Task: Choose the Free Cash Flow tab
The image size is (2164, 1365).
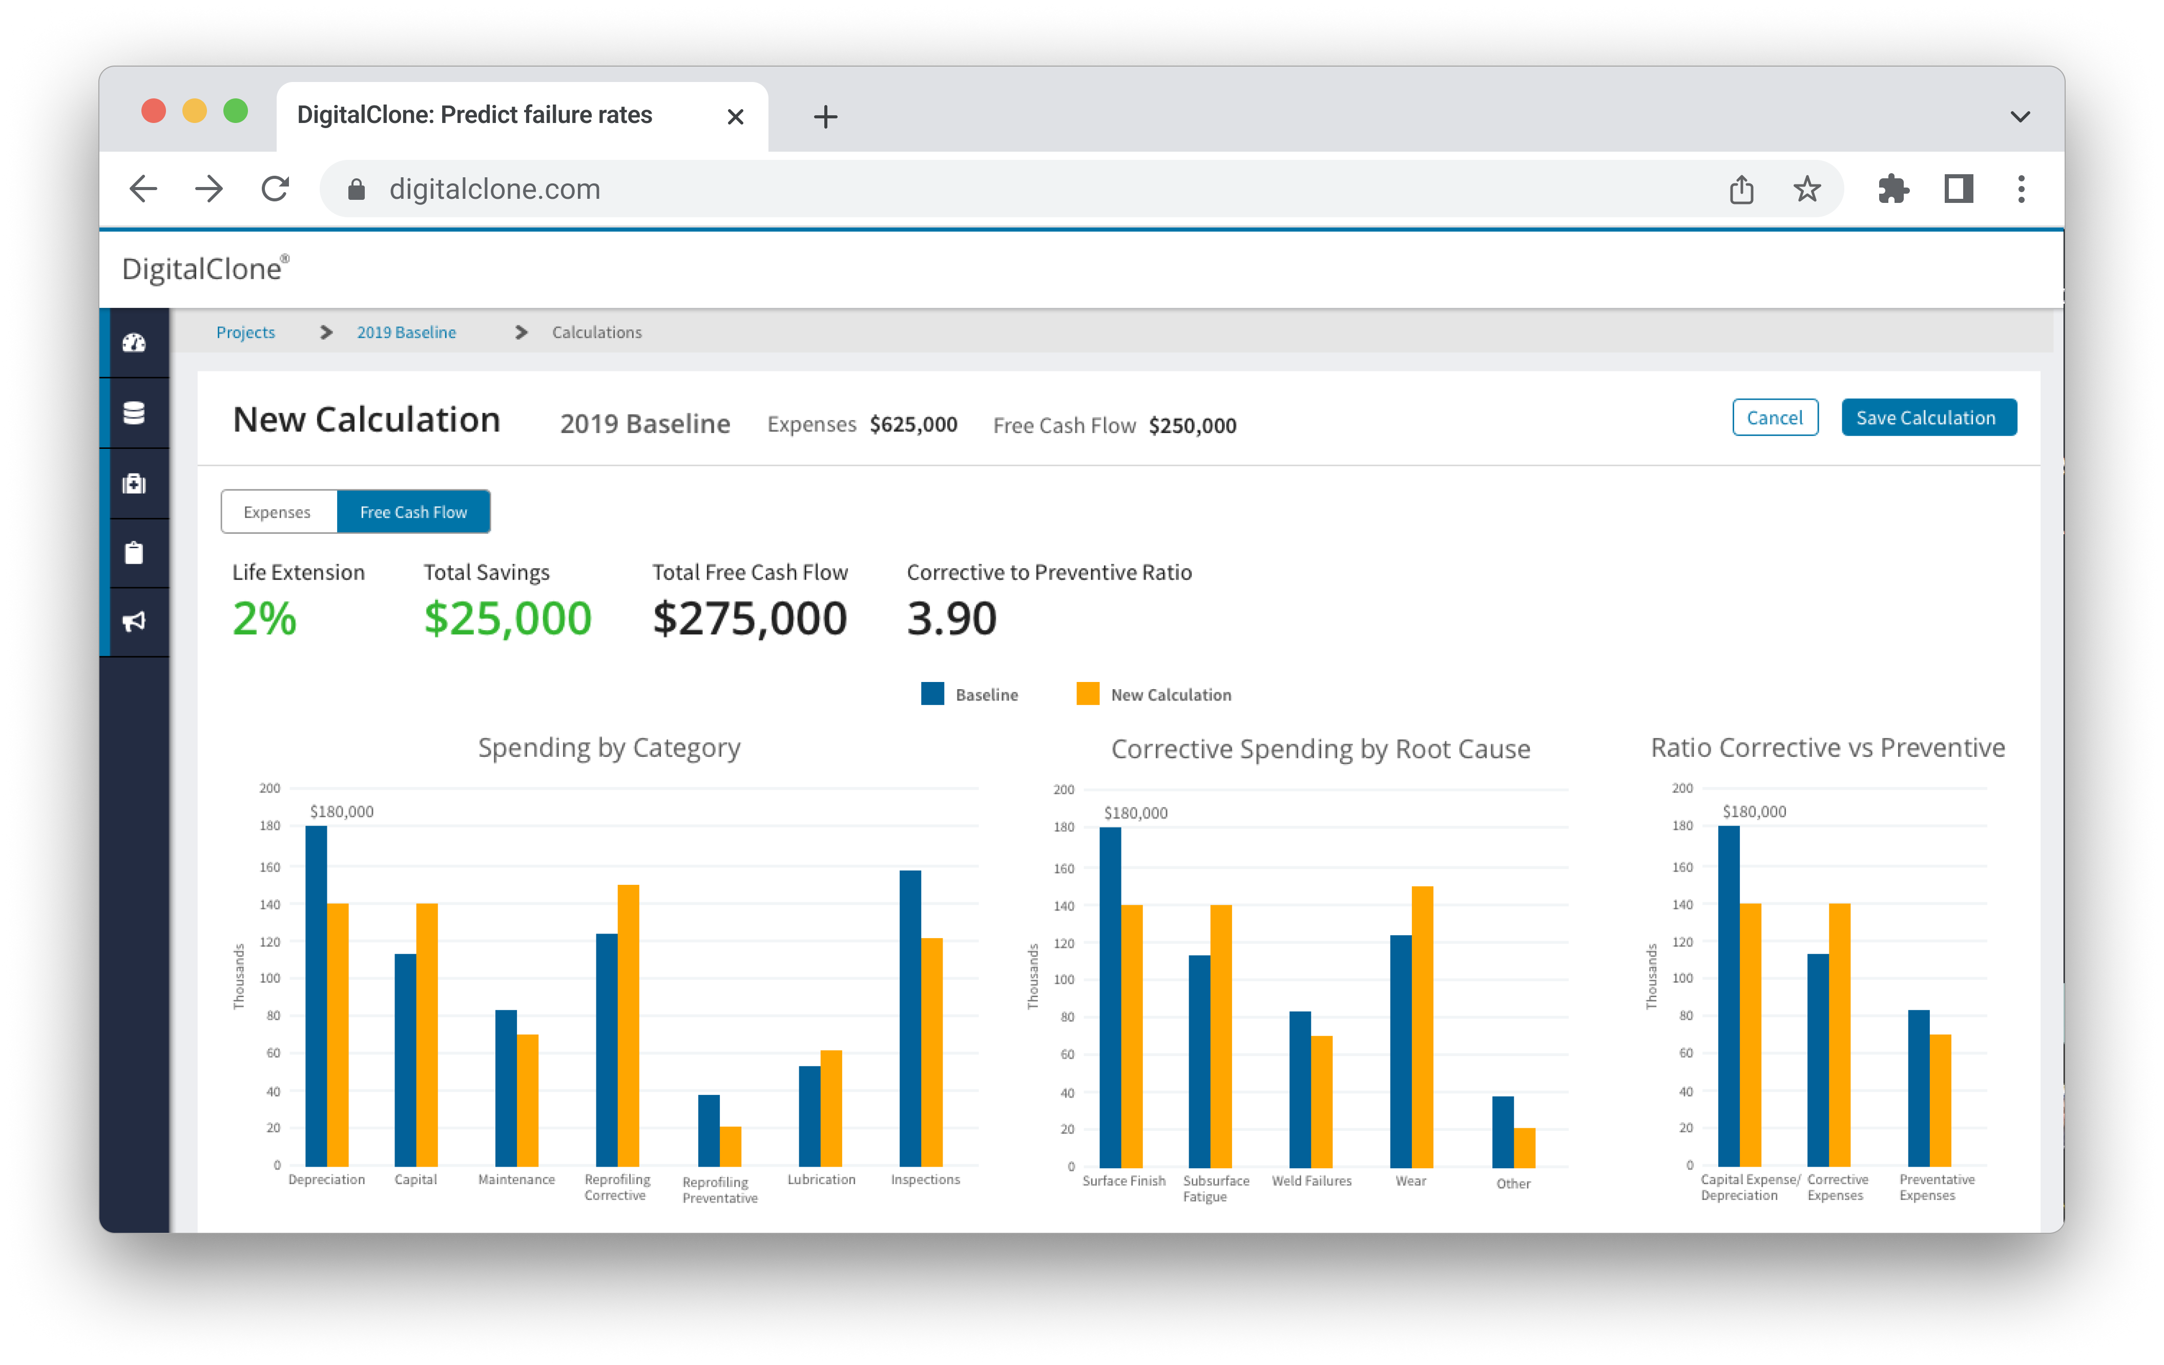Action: (x=413, y=512)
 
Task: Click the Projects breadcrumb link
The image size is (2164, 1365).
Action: (x=245, y=333)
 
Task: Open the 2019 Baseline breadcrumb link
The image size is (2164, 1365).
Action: (x=406, y=333)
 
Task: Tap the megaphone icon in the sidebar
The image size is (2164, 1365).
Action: (x=134, y=622)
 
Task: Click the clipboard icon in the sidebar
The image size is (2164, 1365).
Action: (x=134, y=553)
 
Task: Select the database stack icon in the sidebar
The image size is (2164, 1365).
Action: (x=134, y=413)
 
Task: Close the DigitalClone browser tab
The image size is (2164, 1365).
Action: (x=735, y=117)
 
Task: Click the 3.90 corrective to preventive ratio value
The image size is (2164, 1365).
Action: (x=952, y=619)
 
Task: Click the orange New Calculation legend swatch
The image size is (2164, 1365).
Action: (x=1088, y=694)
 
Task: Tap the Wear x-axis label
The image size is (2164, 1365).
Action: (x=1410, y=1181)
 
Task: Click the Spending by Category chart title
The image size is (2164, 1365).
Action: (x=609, y=748)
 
